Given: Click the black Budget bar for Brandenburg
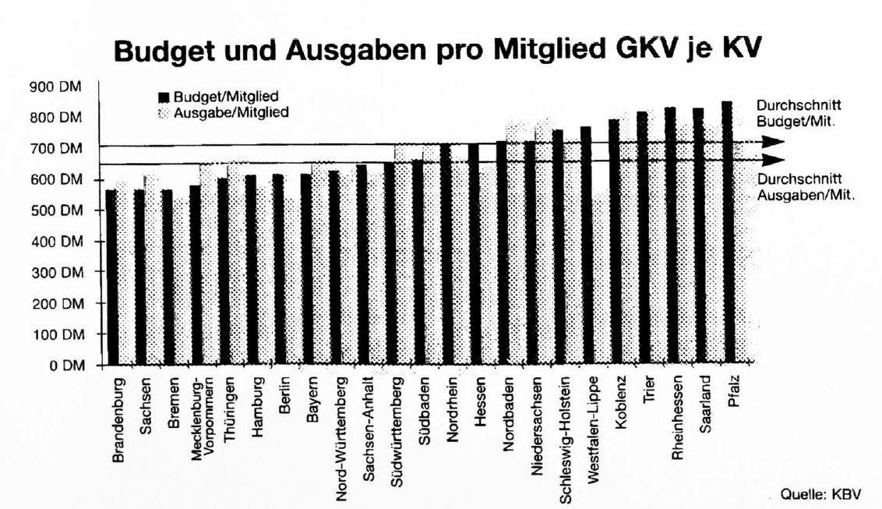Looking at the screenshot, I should click(111, 277).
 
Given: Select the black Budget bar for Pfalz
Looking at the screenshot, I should click(726, 234).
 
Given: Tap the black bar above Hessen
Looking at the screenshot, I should click(473, 253).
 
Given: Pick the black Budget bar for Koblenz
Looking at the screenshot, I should click(614, 242).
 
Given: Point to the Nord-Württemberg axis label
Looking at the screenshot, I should click(340, 440).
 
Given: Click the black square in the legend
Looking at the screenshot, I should click(163, 97).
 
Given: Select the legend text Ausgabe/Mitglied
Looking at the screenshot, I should click(231, 112).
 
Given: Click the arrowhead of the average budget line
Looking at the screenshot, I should click(772, 142).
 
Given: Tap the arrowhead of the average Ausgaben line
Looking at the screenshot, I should click(772, 160).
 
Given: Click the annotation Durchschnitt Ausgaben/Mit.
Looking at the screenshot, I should click(806, 187).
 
